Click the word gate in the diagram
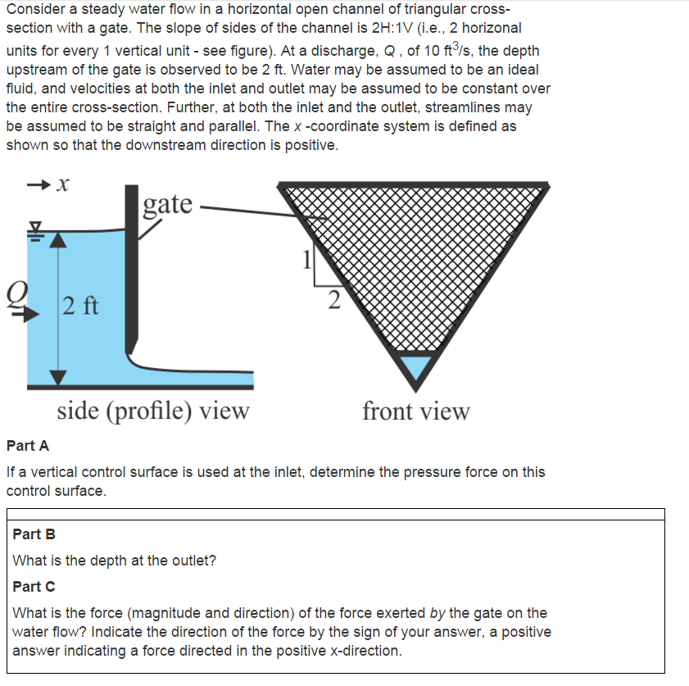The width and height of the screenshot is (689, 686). [168, 203]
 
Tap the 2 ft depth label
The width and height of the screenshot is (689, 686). [80, 307]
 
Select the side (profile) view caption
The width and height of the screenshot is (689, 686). [152, 410]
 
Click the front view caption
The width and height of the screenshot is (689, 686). [416, 411]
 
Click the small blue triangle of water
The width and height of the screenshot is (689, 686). [415, 365]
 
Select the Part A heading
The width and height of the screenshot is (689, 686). [28, 446]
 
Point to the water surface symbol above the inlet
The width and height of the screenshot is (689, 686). [34, 229]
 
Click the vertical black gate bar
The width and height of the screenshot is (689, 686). [132, 270]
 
